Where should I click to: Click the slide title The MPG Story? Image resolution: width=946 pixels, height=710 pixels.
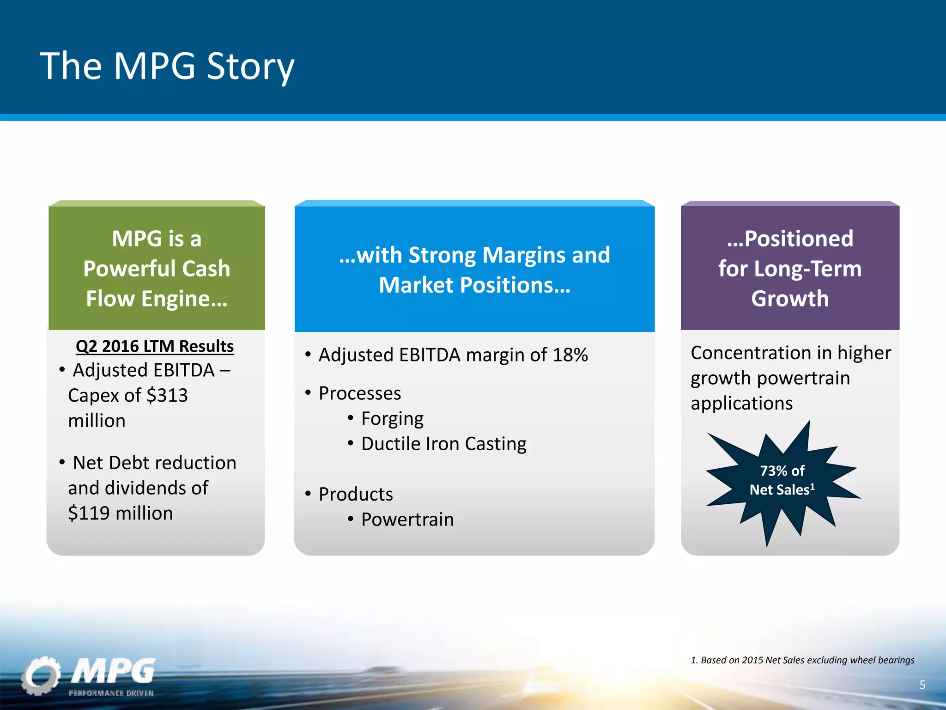(x=167, y=66)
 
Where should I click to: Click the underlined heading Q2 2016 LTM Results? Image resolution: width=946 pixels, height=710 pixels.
(x=155, y=346)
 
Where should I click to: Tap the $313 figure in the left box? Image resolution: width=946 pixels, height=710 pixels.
(x=167, y=395)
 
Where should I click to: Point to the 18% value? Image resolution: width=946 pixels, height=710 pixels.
(x=570, y=355)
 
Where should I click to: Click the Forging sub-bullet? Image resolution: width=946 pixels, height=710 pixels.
(x=392, y=418)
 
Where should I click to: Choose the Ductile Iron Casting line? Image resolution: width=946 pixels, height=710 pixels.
(x=443, y=444)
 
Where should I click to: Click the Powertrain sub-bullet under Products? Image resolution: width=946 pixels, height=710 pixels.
(x=407, y=520)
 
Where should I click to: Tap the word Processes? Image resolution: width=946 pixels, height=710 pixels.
(x=360, y=393)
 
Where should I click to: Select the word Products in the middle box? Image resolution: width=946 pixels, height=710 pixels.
(x=356, y=494)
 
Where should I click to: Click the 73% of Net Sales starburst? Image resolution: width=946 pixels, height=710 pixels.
(x=782, y=481)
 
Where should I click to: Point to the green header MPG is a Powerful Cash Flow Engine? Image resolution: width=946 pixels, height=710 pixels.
(x=157, y=269)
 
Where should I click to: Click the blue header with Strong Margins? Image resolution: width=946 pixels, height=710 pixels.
(x=474, y=269)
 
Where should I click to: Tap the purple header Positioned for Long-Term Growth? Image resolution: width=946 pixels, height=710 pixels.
(x=790, y=269)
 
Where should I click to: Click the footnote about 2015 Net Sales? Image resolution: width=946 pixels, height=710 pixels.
(x=802, y=660)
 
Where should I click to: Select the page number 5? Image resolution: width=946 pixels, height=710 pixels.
(x=922, y=685)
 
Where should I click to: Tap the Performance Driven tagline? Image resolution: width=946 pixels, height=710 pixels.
(x=111, y=693)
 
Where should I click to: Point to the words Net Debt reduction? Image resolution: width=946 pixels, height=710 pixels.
(x=154, y=463)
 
